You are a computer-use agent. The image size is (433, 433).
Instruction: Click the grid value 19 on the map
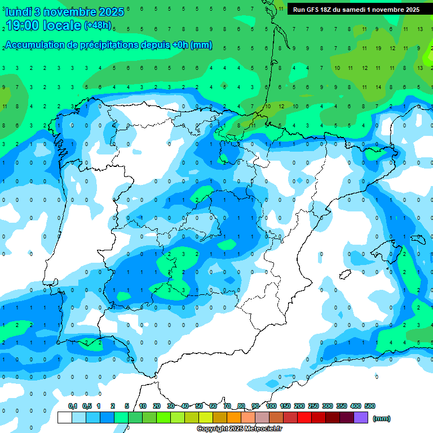coord(378,48)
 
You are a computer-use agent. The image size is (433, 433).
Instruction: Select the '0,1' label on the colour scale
coord(73,406)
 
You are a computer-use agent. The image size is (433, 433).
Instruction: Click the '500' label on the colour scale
coord(370,406)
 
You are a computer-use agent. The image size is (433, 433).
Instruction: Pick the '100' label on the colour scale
coord(271,406)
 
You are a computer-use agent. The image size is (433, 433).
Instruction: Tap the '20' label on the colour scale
coord(157,406)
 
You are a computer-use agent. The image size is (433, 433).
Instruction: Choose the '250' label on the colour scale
coord(313,406)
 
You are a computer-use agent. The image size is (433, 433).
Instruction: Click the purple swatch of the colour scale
coord(361,417)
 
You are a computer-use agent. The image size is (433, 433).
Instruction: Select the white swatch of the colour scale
coord(65,417)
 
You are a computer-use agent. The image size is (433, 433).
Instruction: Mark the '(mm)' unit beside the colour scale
coord(382,418)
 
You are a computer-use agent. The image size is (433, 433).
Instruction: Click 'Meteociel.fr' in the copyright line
coord(264,429)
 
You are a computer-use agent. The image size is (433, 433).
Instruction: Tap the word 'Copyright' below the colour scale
coord(212,429)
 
